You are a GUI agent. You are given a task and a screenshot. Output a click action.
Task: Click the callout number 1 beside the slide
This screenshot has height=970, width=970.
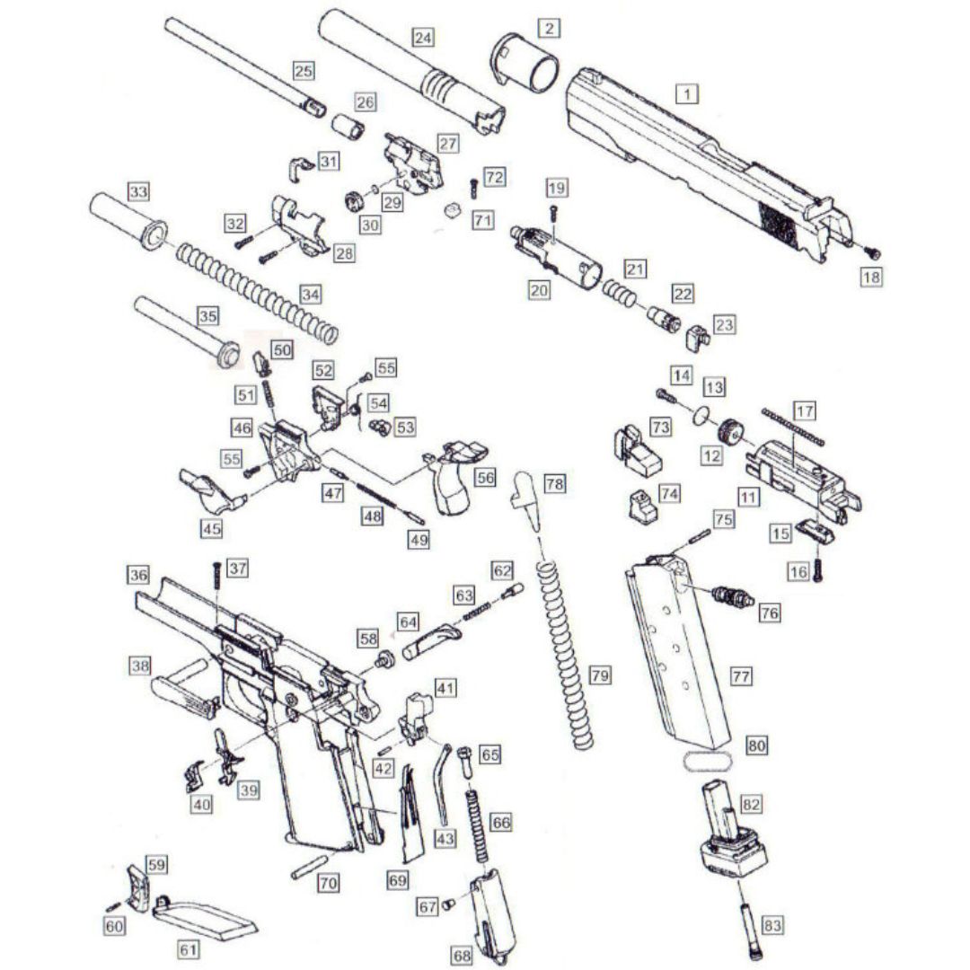click(687, 94)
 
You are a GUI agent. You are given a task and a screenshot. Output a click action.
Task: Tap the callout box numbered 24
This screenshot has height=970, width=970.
click(422, 38)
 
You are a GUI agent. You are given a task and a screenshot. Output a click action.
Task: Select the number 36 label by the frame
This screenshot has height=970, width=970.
click(138, 575)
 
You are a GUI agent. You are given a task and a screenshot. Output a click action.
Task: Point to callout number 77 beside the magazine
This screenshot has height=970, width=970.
click(740, 676)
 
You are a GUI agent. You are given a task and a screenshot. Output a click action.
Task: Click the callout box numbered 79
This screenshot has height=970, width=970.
click(599, 675)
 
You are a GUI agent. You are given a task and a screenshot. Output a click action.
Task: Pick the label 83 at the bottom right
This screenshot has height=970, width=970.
click(772, 925)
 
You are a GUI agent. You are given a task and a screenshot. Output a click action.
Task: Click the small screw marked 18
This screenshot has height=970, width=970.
click(872, 252)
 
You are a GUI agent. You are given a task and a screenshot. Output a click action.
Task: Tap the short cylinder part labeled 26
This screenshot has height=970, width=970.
click(348, 127)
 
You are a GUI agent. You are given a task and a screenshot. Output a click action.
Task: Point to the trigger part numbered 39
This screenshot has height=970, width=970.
click(227, 756)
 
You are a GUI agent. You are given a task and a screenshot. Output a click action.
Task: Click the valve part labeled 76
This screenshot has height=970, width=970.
click(733, 596)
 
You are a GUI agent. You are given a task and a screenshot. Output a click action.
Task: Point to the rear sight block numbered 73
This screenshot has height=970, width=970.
click(637, 452)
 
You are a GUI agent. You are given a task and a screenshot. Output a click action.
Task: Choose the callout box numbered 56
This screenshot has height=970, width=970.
click(485, 477)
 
